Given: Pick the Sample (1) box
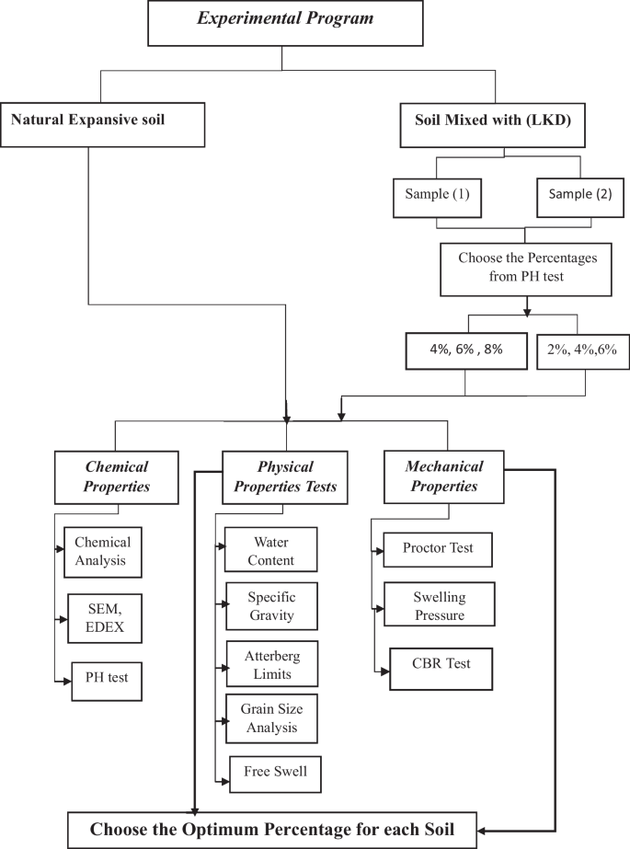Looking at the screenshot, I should [x=436, y=195].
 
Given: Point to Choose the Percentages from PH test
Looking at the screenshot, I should [x=527, y=266].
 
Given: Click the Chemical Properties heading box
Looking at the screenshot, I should [x=118, y=476].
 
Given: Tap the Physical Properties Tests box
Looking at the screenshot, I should [x=285, y=476].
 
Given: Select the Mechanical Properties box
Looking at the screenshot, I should [x=445, y=476].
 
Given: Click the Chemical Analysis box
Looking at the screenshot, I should [x=103, y=550].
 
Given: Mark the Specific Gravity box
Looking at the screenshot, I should [x=271, y=606].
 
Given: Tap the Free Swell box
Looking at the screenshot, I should [x=275, y=772].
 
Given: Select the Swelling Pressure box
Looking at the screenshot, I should [x=438, y=606].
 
